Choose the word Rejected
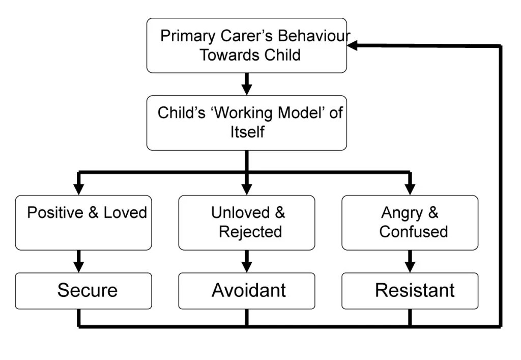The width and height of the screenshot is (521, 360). pos(250,232)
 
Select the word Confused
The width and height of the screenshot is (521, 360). pos(414,232)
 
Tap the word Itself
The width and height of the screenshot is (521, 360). pos(247,132)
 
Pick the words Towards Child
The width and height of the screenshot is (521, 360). pos(250,55)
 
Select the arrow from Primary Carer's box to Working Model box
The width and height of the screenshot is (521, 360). pos(247,84)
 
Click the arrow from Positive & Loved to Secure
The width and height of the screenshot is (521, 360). pos(79,261)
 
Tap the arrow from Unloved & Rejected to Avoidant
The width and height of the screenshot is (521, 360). pos(247,261)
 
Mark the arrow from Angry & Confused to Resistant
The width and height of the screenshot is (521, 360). pos(410,261)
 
